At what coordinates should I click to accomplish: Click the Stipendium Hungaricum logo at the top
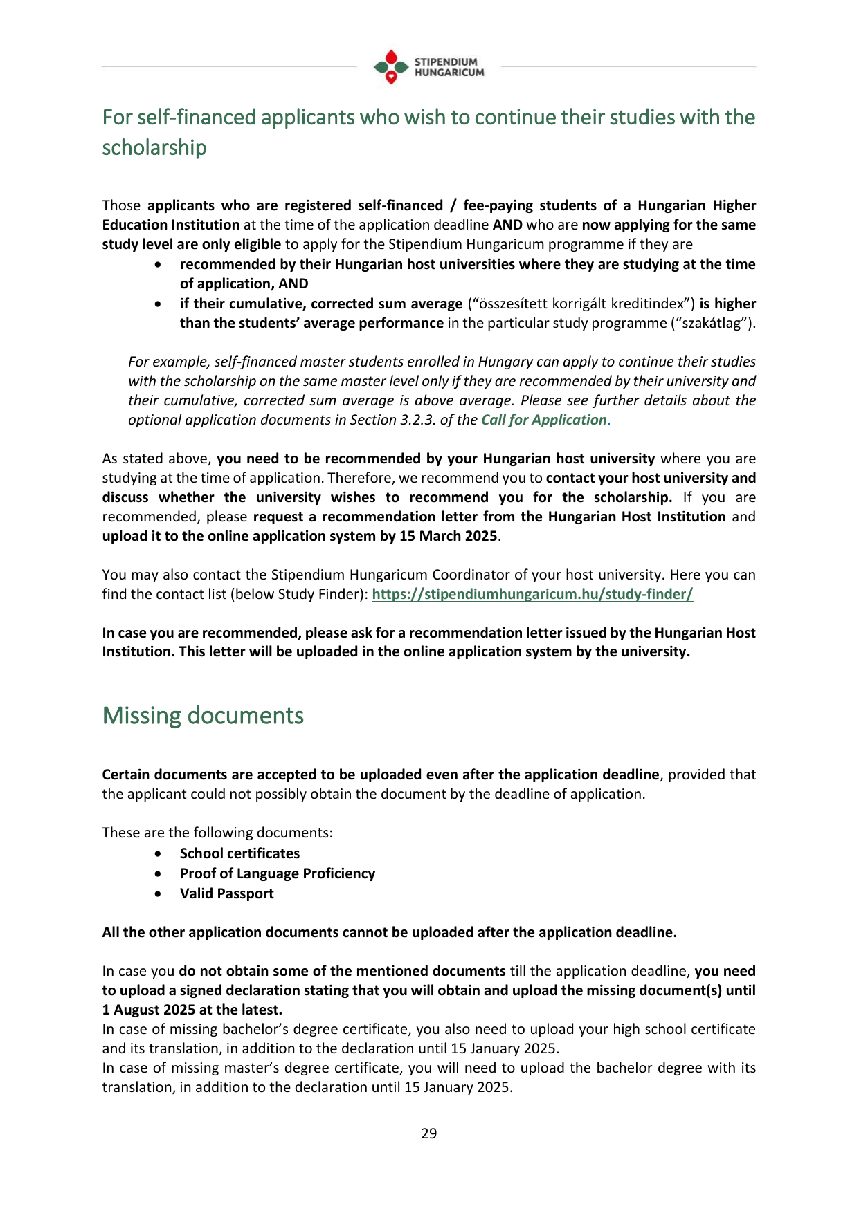click(x=428, y=67)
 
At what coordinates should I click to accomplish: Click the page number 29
click(x=429, y=1133)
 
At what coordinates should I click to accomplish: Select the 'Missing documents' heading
click(x=203, y=715)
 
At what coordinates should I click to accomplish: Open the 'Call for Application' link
click(x=544, y=420)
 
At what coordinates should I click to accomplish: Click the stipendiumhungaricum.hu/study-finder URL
click(x=532, y=594)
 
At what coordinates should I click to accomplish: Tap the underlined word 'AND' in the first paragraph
click(x=507, y=225)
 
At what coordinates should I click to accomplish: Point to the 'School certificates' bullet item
click(x=239, y=853)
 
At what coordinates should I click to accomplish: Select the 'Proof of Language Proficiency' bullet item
click(x=278, y=873)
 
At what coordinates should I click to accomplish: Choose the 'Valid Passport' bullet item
click(x=226, y=893)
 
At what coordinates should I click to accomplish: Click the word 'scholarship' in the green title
click(x=154, y=147)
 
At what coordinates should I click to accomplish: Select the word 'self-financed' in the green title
click(x=187, y=118)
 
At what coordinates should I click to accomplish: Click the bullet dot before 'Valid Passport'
click(x=159, y=894)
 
